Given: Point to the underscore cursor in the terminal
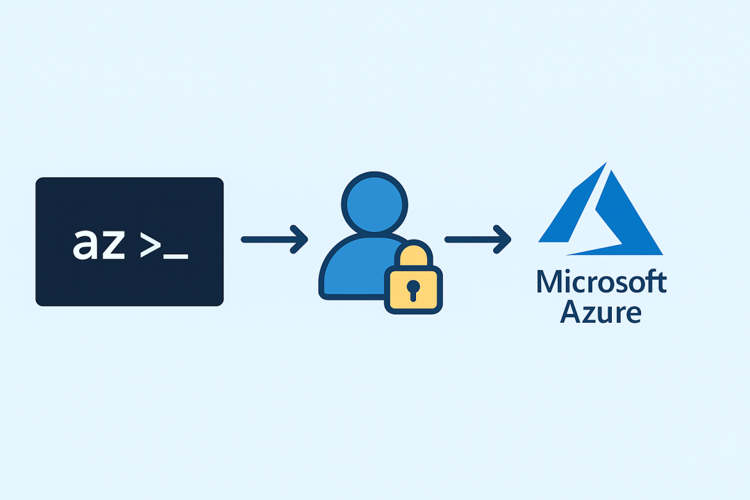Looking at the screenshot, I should pos(176,258).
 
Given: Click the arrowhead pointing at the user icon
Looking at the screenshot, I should pos(300,240).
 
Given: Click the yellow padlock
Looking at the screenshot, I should pos(412,287).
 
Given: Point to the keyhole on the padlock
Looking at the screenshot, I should pos(412,289).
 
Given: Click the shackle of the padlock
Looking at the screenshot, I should pos(412,253).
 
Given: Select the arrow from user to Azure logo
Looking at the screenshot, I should pos(476,240).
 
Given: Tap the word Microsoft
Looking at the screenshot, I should pos(601,282).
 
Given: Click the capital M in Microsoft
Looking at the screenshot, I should pos(549,282).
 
